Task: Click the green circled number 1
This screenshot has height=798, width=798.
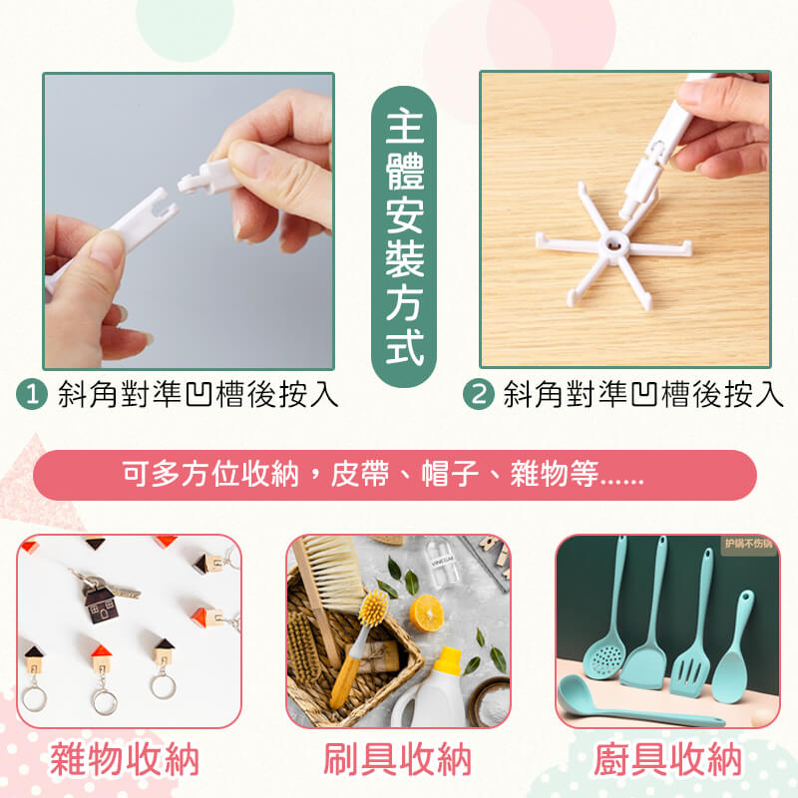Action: point(32,394)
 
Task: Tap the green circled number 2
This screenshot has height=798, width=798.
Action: point(478,394)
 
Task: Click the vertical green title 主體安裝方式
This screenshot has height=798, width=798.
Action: point(404,236)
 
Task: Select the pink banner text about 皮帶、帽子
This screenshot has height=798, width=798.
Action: point(383,474)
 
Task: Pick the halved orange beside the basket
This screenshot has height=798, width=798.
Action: point(426,612)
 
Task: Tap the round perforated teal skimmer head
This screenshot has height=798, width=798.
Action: point(604,658)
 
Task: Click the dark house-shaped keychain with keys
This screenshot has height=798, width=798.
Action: point(102,604)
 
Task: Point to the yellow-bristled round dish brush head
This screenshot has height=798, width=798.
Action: point(373,607)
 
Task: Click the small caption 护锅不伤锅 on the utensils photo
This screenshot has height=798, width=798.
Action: point(749,544)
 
